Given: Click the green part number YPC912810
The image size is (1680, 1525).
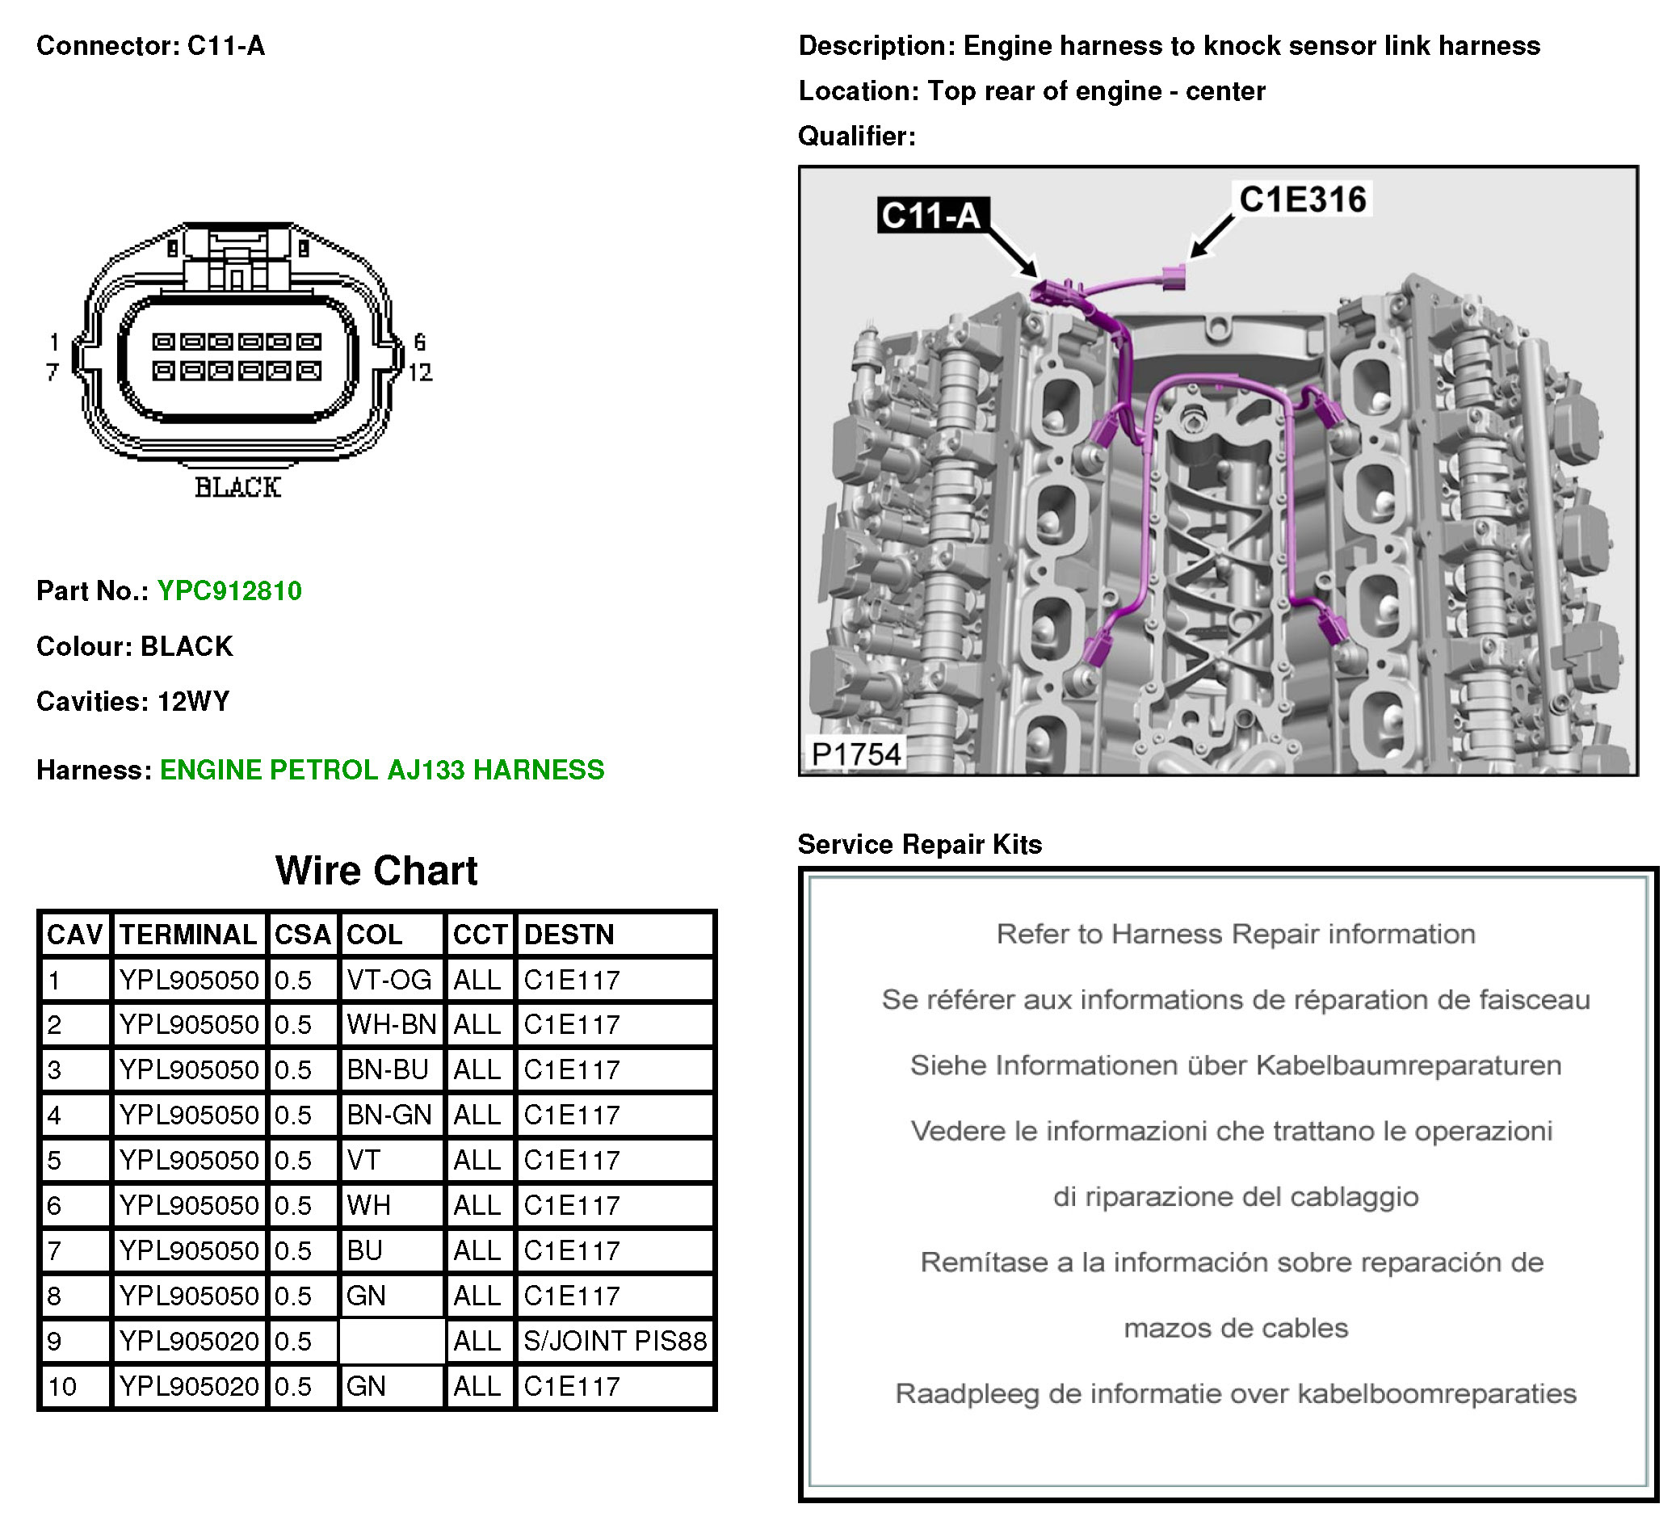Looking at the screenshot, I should (229, 590).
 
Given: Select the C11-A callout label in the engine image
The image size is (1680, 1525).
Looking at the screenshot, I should (931, 215).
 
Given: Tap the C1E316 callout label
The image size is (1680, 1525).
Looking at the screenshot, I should (1303, 200).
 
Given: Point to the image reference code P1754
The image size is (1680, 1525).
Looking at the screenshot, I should (856, 754).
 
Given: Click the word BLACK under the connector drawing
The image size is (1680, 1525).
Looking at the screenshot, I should (237, 488).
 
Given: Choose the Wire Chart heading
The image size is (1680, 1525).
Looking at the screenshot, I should (376, 871).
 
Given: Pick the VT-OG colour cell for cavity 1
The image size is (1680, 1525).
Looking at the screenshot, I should (389, 980).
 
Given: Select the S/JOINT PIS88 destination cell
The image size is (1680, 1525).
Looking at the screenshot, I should (614, 1341).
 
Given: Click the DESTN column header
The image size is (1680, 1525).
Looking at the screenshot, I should (569, 935).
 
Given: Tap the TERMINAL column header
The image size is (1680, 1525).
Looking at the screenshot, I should (188, 935).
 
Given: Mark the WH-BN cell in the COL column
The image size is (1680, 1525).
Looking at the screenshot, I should (391, 1024).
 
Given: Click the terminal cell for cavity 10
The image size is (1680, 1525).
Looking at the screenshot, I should (188, 1386).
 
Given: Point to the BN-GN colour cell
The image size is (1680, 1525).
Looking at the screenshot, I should (389, 1115).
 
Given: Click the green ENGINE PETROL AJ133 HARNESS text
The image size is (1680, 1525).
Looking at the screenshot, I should (382, 769).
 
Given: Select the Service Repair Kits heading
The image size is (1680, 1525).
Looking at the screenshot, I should (919, 844).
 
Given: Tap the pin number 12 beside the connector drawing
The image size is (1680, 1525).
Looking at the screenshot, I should (419, 372).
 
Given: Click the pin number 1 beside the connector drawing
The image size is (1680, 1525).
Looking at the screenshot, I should (54, 342).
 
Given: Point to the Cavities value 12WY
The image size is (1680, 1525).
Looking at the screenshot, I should (193, 702).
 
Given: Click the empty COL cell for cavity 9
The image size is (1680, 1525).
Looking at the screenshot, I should (391, 1341).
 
